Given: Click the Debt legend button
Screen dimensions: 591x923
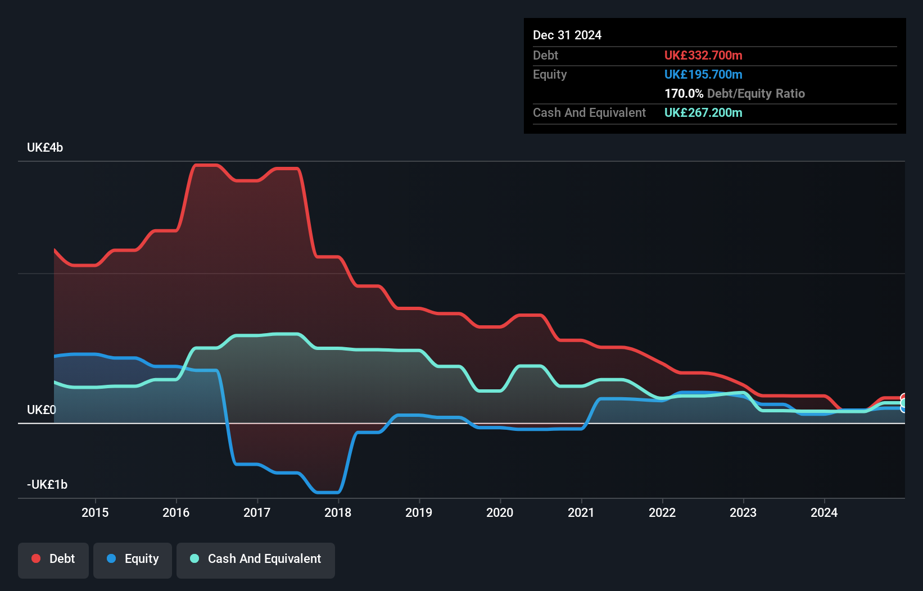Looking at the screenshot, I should tap(53, 559).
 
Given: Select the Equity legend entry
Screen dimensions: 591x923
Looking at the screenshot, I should tap(133, 559).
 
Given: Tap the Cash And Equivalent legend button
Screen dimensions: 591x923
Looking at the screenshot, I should tap(256, 559).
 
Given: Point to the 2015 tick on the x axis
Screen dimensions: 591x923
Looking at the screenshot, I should tap(95, 512).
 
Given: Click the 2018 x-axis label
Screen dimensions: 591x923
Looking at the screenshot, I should tap(338, 512).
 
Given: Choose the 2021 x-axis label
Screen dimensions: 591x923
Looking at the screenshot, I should tap(581, 512).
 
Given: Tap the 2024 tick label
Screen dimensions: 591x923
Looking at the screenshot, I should tap(824, 512).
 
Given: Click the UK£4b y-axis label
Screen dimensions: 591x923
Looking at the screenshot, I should tap(45, 148).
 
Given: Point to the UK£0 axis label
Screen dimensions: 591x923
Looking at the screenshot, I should tap(42, 410).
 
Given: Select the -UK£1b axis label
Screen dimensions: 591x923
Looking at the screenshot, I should tap(47, 485).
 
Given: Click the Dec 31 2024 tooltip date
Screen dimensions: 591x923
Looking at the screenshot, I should tap(567, 35).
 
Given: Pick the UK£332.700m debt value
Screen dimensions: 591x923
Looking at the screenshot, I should tap(703, 56).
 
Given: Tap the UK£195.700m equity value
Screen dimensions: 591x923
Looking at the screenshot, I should tap(703, 75).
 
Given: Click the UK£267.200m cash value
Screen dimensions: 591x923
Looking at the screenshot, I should tap(703, 113).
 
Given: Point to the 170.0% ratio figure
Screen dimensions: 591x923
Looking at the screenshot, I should tap(684, 94).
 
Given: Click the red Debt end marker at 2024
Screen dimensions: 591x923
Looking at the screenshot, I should tap(903, 398).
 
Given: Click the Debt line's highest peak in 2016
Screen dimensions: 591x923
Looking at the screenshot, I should tap(205, 165).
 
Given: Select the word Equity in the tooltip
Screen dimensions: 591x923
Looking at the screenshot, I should tap(550, 75).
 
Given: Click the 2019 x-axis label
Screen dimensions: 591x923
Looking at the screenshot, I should tap(419, 512).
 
